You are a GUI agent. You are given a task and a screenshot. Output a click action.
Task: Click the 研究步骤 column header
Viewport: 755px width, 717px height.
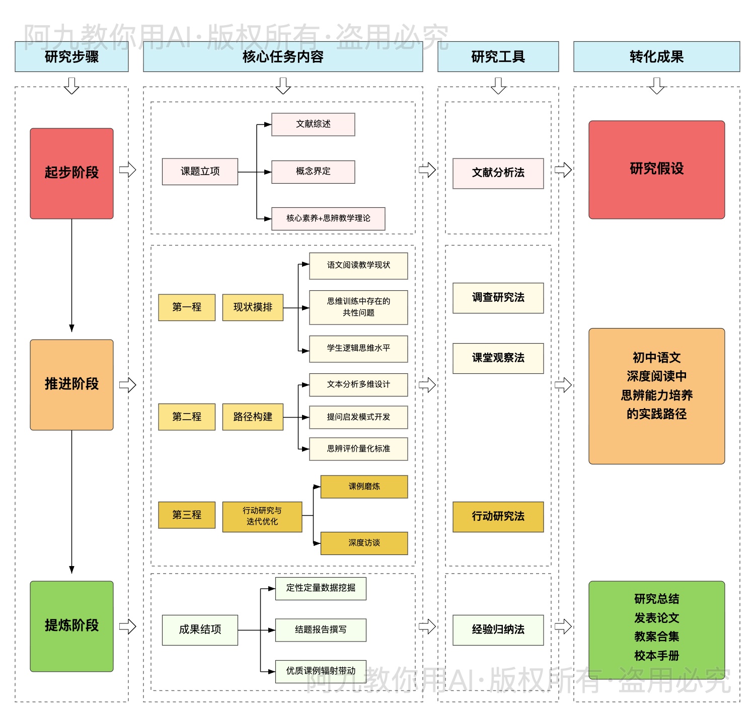point(71,57)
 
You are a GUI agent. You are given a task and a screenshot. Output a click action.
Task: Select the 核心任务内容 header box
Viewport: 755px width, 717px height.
point(283,57)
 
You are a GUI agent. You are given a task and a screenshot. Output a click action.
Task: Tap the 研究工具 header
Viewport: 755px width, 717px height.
point(498,57)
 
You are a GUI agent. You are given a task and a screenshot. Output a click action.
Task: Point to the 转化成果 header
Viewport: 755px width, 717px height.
point(656,57)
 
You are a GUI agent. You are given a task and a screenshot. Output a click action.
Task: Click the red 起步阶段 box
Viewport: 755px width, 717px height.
point(71,173)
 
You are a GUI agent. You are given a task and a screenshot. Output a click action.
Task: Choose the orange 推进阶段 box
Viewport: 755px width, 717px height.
point(71,384)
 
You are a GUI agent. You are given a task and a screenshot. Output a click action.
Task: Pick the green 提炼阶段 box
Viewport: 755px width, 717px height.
point(71,626)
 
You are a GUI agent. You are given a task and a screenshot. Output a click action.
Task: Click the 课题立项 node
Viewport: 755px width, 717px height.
point(200,172)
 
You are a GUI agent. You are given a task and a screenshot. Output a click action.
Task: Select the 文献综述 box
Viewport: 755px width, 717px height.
point(313,124)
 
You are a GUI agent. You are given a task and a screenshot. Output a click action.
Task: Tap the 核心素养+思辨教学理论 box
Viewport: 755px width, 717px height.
point(328,218)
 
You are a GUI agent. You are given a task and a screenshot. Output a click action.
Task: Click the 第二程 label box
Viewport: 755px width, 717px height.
point(187,417)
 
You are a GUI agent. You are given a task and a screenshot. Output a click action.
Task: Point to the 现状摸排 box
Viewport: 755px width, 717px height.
point(253,307)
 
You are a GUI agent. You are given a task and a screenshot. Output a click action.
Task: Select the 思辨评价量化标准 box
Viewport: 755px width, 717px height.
point(358,449)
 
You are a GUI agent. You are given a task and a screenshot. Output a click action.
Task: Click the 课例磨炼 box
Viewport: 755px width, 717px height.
point(364,487)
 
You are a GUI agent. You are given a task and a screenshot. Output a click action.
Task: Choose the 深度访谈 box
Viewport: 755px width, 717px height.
point(364,543)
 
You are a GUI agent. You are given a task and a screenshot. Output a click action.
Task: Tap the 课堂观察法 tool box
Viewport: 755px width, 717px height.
point(498,358)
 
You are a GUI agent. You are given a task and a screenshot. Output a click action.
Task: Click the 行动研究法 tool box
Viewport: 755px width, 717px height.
point(498,516)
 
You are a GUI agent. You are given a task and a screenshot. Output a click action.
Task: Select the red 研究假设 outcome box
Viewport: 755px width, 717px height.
point(656,170)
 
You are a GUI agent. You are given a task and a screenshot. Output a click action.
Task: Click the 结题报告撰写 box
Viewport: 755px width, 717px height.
point(321,630)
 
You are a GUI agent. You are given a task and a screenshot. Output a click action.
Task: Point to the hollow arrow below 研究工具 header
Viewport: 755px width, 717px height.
point(498,86)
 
